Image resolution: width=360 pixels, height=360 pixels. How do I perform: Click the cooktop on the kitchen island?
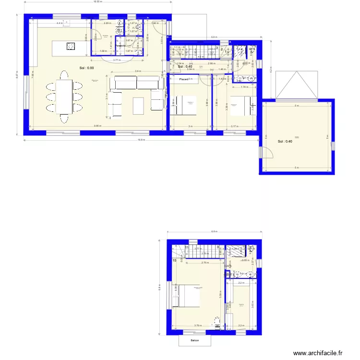pos(71,46)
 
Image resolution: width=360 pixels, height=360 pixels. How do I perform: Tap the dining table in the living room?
pos(63,96)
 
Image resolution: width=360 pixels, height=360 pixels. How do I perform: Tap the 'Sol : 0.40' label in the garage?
pos(285,142)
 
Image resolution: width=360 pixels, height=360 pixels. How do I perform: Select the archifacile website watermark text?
pos(317,353)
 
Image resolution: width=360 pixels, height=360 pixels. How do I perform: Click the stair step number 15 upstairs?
pos(174,261)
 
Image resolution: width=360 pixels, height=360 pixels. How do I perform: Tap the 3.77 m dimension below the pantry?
pos(117,60)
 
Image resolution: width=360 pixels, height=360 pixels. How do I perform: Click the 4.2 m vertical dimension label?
pos(271,70)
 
